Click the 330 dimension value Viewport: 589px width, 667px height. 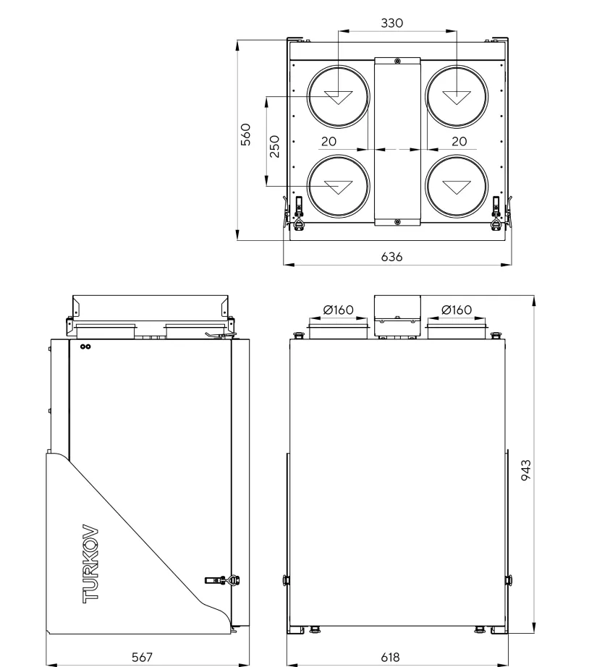pos(391,23)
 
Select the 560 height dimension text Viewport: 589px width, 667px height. pos(246,135)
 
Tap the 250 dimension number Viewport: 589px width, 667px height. pos(275,146)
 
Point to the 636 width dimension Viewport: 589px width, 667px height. pos(391,257)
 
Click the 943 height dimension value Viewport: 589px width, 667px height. pos(527,470)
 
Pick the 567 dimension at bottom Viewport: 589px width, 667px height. pos(142,657)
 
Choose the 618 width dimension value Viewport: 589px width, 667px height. pos(390,657)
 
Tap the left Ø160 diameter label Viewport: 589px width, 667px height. pos(339,310)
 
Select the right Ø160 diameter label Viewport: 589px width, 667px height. pos(457,310)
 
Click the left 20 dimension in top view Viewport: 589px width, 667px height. pos(329,141)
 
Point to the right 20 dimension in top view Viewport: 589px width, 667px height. pos(459,141)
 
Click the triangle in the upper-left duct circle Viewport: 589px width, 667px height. pos(339,97)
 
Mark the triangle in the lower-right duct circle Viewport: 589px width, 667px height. pos(457,187)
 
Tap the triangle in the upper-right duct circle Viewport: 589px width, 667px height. pos(457,97)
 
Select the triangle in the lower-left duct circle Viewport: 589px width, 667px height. pos(339,187)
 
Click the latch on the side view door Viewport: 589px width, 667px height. pos(222,580)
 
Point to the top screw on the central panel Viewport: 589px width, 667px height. pos(397,61)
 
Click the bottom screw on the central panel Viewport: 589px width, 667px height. pos(397,222)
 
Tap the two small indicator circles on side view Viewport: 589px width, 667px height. pos(85,347)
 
